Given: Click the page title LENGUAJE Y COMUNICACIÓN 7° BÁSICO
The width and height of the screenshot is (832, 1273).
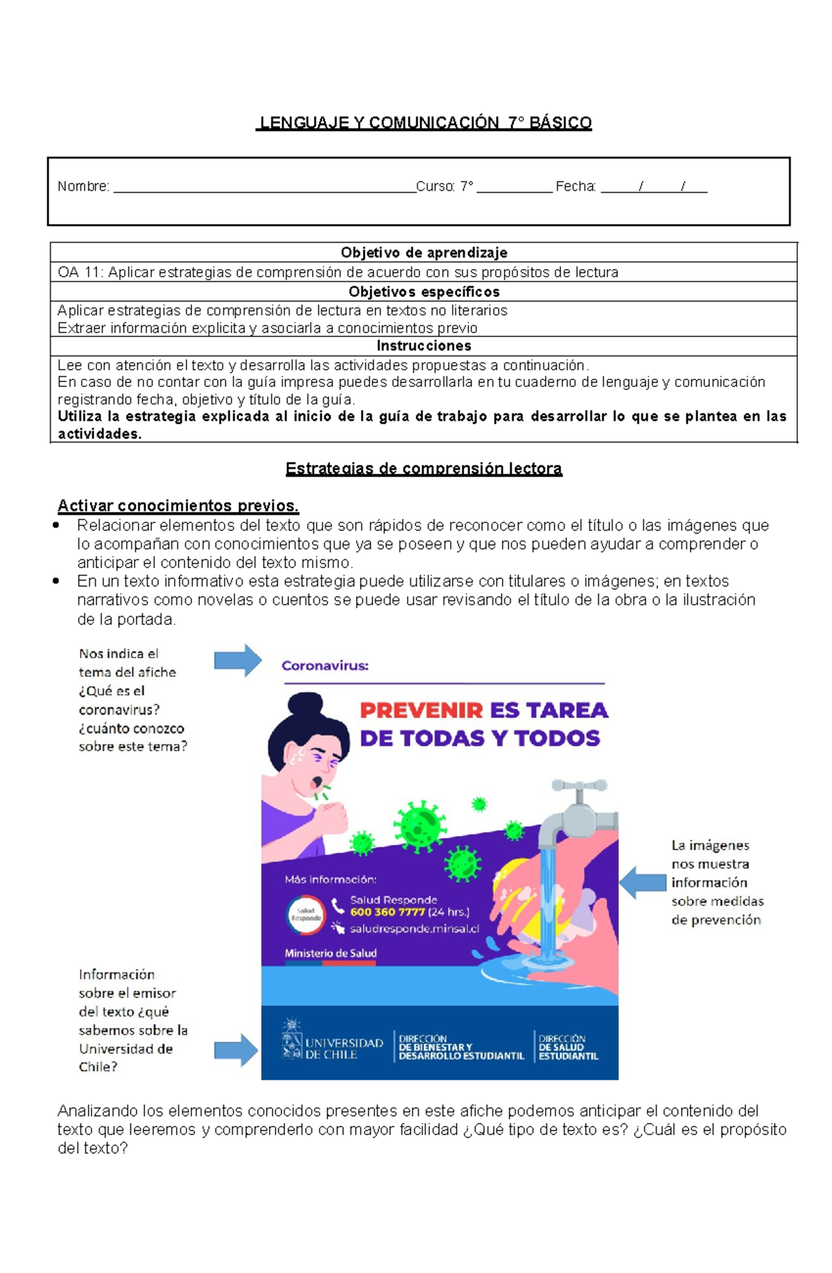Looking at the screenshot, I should tap(424, 123).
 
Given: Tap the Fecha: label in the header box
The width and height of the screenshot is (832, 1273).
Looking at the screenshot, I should tap(575, 186).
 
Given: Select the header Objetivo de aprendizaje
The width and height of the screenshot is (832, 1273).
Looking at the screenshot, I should tap(424, 253).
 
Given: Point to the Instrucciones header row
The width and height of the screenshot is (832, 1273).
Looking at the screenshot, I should tap(424, 345).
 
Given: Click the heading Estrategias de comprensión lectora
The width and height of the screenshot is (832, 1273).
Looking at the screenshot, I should tap(424, 469).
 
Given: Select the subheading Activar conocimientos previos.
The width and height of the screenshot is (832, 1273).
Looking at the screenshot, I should tap(177, 505).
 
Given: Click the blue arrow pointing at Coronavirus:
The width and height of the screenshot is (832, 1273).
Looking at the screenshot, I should tap(237, 660).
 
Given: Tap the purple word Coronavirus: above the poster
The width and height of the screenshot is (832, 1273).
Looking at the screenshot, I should tap(324, 666).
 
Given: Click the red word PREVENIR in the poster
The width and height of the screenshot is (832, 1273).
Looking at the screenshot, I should tap(421, 710).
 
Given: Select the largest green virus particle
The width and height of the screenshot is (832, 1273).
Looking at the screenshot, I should tap(419, 826).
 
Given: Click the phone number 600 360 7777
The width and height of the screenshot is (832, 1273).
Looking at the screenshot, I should tap(387, 912).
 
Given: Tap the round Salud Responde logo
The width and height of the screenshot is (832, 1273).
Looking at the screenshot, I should tap(306, 914).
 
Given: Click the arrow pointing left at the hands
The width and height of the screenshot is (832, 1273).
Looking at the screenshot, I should tap(642, 882).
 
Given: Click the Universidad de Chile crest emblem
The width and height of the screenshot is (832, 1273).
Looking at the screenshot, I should tap(291, 1039).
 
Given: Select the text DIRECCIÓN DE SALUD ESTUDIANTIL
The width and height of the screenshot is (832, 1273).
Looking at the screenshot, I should tap(568, 1048).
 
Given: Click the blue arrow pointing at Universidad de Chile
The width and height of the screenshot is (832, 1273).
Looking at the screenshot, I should tap(236, 1050).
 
